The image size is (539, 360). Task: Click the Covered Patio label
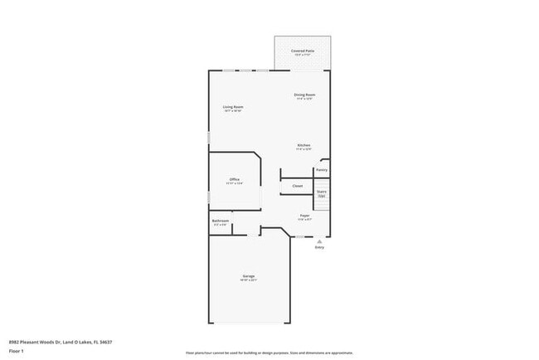tap(303, 51)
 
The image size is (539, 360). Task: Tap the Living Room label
tap(232, 107)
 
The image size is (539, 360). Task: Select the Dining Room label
tap(304, 95)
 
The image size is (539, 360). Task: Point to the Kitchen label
tap(304, 145)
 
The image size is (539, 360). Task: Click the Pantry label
tap(322, 170)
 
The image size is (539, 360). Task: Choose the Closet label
tap(297, 186)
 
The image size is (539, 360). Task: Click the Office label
tap(235, 180)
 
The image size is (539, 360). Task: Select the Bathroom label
tap(220, 221)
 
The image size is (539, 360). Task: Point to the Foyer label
tap(304, 216)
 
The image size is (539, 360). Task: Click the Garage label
tap(249, 275)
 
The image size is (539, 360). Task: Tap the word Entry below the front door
tap(319, 247)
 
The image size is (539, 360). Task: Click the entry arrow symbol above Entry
tap(319, 241)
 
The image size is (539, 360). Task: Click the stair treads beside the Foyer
tap(323, 204)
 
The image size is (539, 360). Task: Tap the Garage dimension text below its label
tap(249, 280)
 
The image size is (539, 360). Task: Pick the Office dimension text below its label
tap(235, 184)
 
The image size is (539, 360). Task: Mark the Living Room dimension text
tap(232, 111)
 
